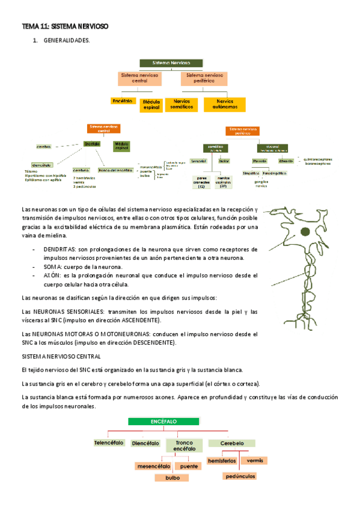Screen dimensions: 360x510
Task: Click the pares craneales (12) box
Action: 202,182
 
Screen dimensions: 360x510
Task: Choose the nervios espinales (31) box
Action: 224,182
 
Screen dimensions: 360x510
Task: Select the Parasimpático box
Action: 273,173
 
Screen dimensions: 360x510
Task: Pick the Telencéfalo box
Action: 109,443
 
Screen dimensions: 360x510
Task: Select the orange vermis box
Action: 254,460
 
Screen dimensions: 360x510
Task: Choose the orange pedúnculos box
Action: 238,476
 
